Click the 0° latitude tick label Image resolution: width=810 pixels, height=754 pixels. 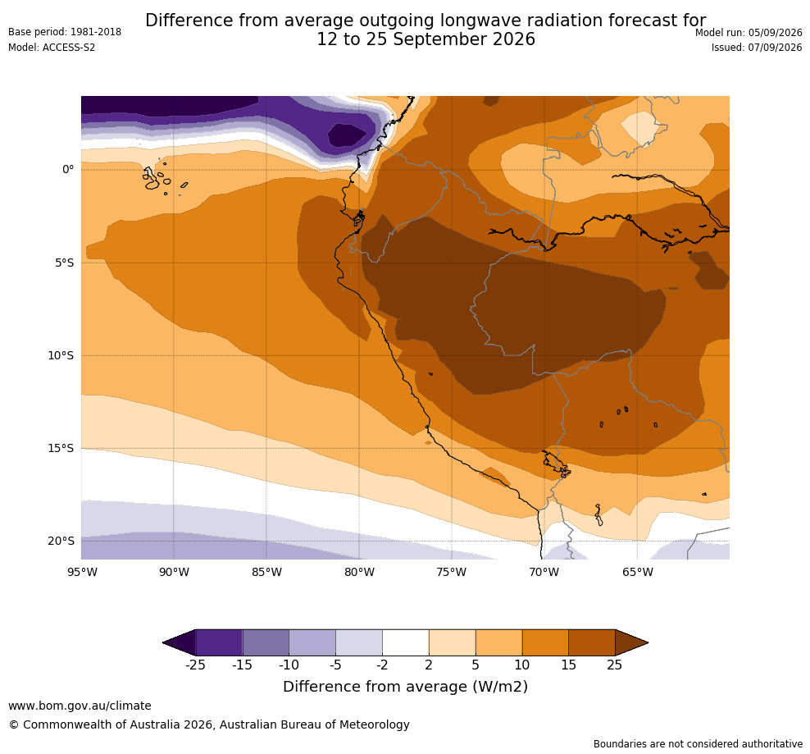(x=68, y=169)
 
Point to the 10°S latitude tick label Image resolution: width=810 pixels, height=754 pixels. (x=61, y=355)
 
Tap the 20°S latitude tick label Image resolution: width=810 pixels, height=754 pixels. (x=61, y=541)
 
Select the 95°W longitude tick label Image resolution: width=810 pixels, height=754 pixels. (x=82, y=572)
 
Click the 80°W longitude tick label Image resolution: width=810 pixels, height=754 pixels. (x=360, y=572)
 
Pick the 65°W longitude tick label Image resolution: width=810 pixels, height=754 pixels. (x=638, y=572)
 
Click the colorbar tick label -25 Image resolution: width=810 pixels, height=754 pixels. (x=195, y=665)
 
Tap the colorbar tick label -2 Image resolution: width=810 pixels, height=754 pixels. (x=382, y=665)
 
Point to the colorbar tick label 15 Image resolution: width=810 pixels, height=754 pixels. (x=568, y=665)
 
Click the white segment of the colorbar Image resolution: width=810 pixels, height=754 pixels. (x=406, y=642)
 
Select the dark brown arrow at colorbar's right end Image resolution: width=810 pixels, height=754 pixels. (x=631, y=642)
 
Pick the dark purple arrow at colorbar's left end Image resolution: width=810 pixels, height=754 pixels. (x=180, y=642)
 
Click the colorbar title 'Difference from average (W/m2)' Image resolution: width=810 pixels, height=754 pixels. (x=406, y=687)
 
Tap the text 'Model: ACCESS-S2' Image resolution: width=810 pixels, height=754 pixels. (x=52, y=48)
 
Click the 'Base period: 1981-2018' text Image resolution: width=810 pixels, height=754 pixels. (x=65, y=32)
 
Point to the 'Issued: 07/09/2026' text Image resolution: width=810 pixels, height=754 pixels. (x=757, y=48)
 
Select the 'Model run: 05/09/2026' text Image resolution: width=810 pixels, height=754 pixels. (x=749, y=33)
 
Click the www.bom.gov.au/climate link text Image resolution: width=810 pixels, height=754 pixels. (x=80, y=706)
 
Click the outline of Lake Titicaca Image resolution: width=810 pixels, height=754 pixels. (x=557, y=464)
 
